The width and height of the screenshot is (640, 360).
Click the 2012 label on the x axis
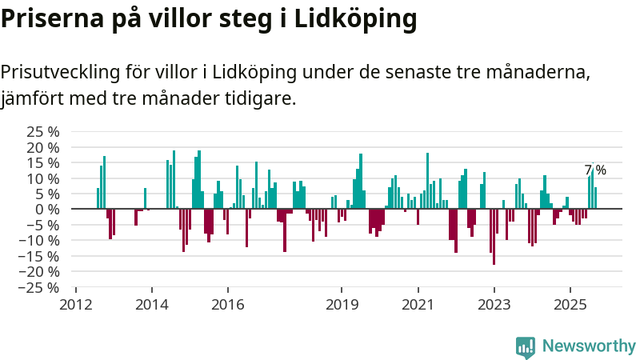point(76,305)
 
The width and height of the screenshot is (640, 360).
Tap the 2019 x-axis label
point(342,305)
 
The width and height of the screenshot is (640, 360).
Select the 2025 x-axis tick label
point(570,305)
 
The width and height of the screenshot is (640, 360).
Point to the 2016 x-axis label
point(227,305)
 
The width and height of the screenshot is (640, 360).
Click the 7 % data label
point(595,170)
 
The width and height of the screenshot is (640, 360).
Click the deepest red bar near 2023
point(494,237)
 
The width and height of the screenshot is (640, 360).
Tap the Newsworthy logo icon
point(526,346)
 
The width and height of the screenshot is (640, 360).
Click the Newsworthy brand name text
point(589,346)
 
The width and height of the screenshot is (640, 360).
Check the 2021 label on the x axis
point(418,305)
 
